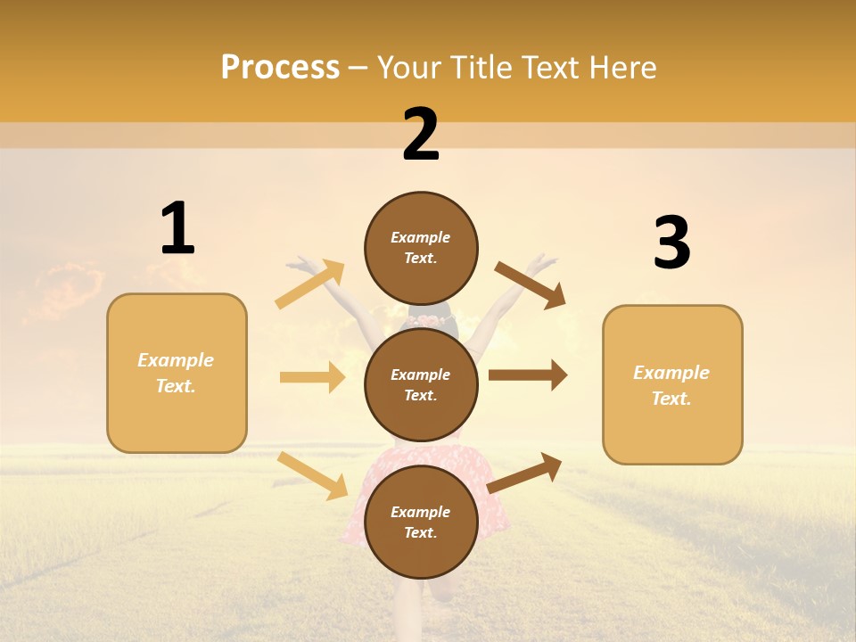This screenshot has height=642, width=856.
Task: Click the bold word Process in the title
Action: tap(280, 67)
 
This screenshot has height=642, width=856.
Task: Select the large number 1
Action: tap(177, 229)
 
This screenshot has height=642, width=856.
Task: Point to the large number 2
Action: tap(421, 135)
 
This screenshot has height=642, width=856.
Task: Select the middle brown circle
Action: tap(421, 384)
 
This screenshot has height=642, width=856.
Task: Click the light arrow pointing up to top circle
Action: tap(310, 284)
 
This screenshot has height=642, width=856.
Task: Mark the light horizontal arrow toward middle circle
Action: tap(312, 377)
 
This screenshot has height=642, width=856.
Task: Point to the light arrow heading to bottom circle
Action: tap(313, 475)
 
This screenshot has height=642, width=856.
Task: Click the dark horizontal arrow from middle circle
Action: tap(528, 375)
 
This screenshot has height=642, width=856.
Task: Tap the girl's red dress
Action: tap(357, 499)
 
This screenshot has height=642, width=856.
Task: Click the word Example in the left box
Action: tap(176, 360)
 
